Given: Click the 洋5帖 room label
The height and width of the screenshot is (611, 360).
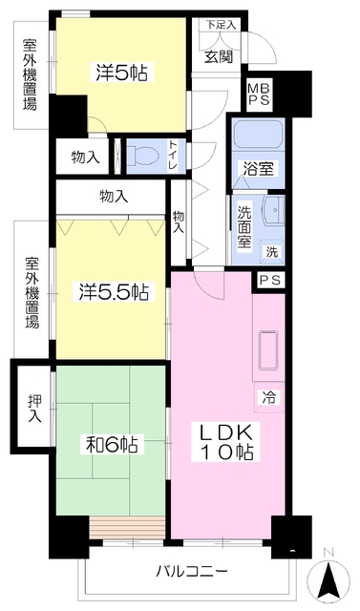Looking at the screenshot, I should (x=124, y=72).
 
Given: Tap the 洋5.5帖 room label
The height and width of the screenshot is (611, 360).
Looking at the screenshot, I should (x=112, y=291).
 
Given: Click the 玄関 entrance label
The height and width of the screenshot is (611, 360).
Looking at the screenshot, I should (x=219, y=54).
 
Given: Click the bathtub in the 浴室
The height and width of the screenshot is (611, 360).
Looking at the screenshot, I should (x=255, y=136).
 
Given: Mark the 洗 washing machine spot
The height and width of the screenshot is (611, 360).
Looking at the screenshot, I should (x=271, y=252).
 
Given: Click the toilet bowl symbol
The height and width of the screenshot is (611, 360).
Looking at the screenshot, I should (x=142, y=155).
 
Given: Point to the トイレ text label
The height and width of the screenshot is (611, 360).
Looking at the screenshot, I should (x=172, y=155).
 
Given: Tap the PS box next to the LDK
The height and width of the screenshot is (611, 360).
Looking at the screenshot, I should (x=268, y=281).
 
